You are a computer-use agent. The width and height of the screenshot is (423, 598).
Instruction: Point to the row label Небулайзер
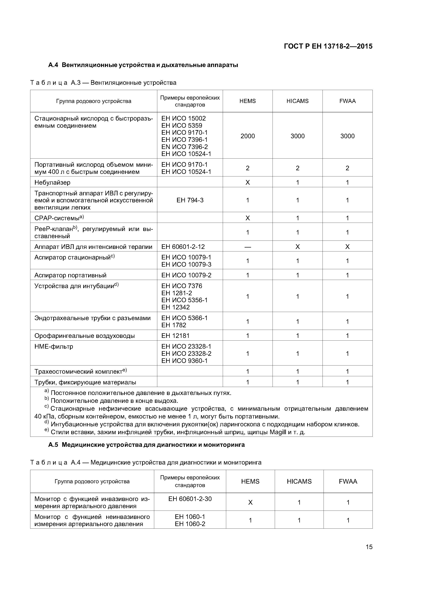(x=52, y=182)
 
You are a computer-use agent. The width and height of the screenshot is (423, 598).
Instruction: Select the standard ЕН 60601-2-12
(x=183, y=247)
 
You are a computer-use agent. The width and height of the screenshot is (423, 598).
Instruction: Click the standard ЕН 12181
(x=175, y=336)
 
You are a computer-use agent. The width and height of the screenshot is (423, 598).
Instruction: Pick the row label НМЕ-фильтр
(x=54, y=346)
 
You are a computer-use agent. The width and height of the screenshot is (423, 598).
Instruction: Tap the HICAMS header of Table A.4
(x=299, y=481)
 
